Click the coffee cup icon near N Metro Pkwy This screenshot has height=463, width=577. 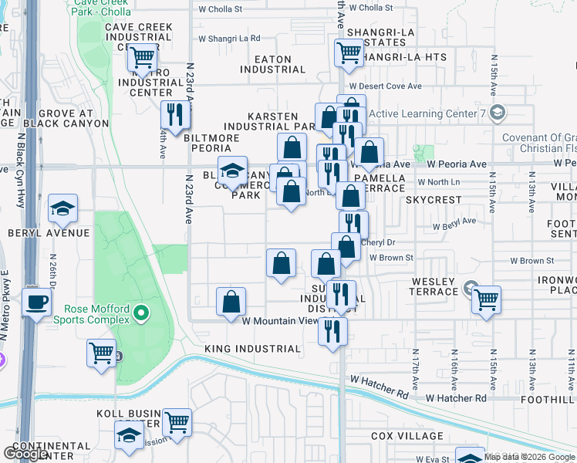[36, 301]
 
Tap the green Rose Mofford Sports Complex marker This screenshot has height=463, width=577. [140, 313]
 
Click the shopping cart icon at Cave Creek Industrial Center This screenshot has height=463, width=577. [142, 57]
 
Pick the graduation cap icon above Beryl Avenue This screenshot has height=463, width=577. [62, 208]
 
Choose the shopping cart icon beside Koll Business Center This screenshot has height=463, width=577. [177, 422]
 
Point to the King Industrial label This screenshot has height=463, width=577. [252, 349]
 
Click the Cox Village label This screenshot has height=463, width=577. [407, 436]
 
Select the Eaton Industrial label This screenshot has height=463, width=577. [272, 64]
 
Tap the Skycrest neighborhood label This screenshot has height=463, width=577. [434, 199]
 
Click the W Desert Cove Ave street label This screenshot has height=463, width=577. [385, 86]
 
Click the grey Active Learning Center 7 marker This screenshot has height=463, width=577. [498, 113]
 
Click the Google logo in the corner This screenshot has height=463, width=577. [26, 454]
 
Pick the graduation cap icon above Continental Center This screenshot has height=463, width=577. [129, 434]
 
